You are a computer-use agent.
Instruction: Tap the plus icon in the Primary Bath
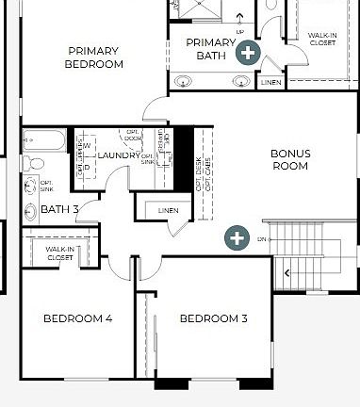coord(248,52)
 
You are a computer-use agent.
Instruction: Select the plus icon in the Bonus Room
coord(236,237)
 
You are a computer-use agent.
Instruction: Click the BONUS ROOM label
coord(289,159)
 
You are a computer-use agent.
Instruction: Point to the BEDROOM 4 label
coord(77,319)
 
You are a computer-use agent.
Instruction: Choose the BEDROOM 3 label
coord(213,319)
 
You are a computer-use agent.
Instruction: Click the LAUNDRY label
coord(118,155)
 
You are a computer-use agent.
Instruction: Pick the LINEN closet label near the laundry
coord(168,209)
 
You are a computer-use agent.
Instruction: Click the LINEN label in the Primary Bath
coord(270,83)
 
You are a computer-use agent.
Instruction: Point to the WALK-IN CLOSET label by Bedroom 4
coord(59,253)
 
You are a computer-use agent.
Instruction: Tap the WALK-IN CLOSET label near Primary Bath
coord(322,39)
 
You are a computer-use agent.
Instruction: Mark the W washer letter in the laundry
coord(87,146)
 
